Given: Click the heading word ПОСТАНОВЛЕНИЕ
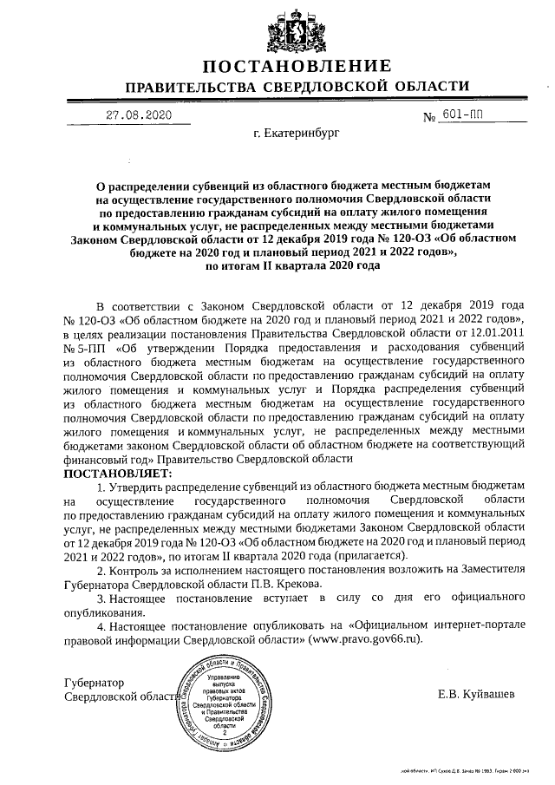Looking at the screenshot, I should [x=297, y=67].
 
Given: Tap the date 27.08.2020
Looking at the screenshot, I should [x=139, y=114].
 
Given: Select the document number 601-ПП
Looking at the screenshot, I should [x=465, y=114].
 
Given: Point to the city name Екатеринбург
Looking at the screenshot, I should [x=297, y=135].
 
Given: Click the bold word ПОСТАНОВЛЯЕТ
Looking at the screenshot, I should [x=118, y=474].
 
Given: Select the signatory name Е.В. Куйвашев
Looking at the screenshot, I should [x=477, y=695].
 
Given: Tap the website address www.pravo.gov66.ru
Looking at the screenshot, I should [x=369, y=638].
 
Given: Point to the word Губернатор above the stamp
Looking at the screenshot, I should [x=95, y=683].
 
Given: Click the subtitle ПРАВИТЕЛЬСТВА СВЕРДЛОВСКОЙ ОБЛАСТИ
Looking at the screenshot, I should [x=297, y=88].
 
